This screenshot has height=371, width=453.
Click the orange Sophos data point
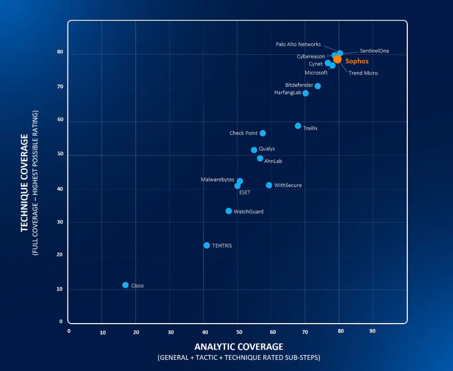pyautogui.click(x=337, y=59)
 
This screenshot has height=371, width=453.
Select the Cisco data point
pyautogui.click(x=125, y=285)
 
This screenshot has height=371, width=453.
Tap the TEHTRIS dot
pyautogui.click(x=207, y=245)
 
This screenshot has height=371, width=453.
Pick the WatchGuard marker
pyautogui.click(x=229, y=211)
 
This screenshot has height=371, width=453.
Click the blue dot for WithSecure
pyautogui.click(x=269, y=185)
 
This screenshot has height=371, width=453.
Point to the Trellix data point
pyautogui.click(x=298, y=126)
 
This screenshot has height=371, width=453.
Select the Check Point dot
pyautogui.click(x=263, y=133)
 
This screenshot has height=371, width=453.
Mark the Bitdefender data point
pyautogui.click(x=317, y=86)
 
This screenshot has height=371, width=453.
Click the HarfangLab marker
pyautogui.click(x=306, y=93)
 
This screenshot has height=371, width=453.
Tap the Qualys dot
pyautogui.click(x=254, y=150)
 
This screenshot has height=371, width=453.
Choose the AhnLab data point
pyautogui.click(x=260, y=159)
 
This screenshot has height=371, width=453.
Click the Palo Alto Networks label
pyautogui.click(x=298, y=44)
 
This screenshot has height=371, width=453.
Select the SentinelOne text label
pyautogui.click(x=374, y=51)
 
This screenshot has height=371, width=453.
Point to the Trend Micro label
pyautogui.click(x=363, y=73)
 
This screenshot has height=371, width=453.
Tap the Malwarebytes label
pyautogui.click(x=217, y=180)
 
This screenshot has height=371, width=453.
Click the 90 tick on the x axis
pyautogui.click(x=372, y=331)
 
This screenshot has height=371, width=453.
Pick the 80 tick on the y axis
pyautogui.click(x=60, y=53)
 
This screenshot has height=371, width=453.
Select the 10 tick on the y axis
pyautogui.click(x=60, y=290)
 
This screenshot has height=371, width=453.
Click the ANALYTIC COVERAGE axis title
pyautogui.click(x=239, y=347)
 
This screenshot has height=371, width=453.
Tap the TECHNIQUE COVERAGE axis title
pyautogui.click(x=24, y=183)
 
